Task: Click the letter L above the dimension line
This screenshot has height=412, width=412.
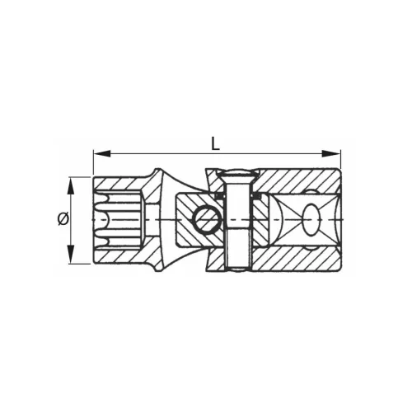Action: pos(215,143)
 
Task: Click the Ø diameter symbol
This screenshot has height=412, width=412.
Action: pos(62,219)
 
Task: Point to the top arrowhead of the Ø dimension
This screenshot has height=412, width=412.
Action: pos(70,181)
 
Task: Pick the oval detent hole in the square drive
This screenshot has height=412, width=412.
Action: pos(311,220)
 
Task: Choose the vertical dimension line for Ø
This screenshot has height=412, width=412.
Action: pos(70,239)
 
